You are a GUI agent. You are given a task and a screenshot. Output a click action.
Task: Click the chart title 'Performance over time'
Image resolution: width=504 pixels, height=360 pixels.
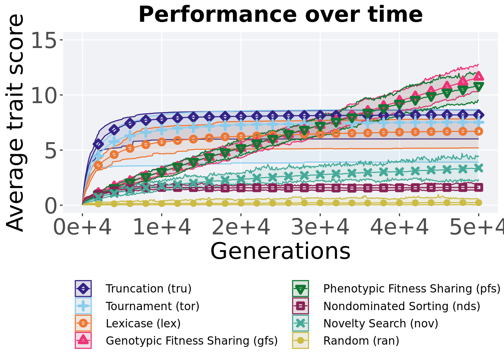(x=280, y=15)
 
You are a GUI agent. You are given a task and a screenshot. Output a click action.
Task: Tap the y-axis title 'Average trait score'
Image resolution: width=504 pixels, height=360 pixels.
(x=15, y=123)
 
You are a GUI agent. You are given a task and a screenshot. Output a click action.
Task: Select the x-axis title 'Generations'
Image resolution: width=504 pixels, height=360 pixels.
(x=280, y=251)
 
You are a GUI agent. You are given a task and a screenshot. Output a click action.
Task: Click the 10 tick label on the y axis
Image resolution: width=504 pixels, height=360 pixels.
(x=44, y=95)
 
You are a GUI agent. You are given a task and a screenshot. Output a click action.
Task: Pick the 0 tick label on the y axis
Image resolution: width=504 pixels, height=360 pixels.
(x=51, y=205)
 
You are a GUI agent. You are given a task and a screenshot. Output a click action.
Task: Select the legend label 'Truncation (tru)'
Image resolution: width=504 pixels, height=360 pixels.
(x=148, y=289)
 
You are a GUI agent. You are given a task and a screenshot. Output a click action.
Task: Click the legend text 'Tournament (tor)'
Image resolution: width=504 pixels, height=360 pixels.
(x=153, y=306)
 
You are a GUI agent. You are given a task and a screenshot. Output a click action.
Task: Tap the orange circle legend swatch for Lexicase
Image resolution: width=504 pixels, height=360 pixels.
(x=83, y=324)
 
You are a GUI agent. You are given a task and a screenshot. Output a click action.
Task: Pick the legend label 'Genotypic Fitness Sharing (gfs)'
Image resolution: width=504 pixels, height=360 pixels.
(x=192, y=341)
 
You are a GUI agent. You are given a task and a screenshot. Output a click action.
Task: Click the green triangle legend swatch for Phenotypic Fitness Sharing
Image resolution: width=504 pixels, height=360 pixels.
(x=301, y=289)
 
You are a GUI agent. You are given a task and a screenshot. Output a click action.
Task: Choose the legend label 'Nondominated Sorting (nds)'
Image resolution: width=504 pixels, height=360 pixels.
(x=402, y=306)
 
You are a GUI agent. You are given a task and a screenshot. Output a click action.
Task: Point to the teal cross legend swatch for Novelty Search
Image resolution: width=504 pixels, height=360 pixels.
(x=301, y=324)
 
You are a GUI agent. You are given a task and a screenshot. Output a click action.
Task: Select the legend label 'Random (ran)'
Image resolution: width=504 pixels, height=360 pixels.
(x=361, y=341)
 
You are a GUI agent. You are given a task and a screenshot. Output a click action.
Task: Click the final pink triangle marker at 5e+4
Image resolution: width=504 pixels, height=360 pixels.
(x=478, y=76)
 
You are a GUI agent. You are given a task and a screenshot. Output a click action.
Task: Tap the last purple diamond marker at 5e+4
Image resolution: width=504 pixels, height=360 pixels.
(x=478, y=115)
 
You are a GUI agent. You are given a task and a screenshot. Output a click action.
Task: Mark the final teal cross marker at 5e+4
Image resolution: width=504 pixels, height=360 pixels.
(x=478, y=168)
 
